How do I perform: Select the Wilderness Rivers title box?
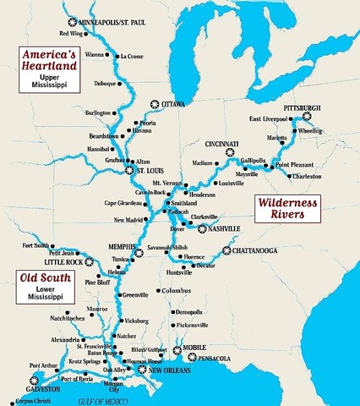pyautogui.click(x=292, y=209)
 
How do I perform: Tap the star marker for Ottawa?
pyautogui.click(x=154, y=104)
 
